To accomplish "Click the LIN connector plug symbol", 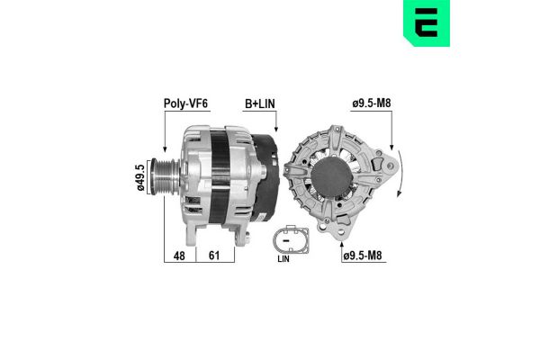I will coord(290,241).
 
